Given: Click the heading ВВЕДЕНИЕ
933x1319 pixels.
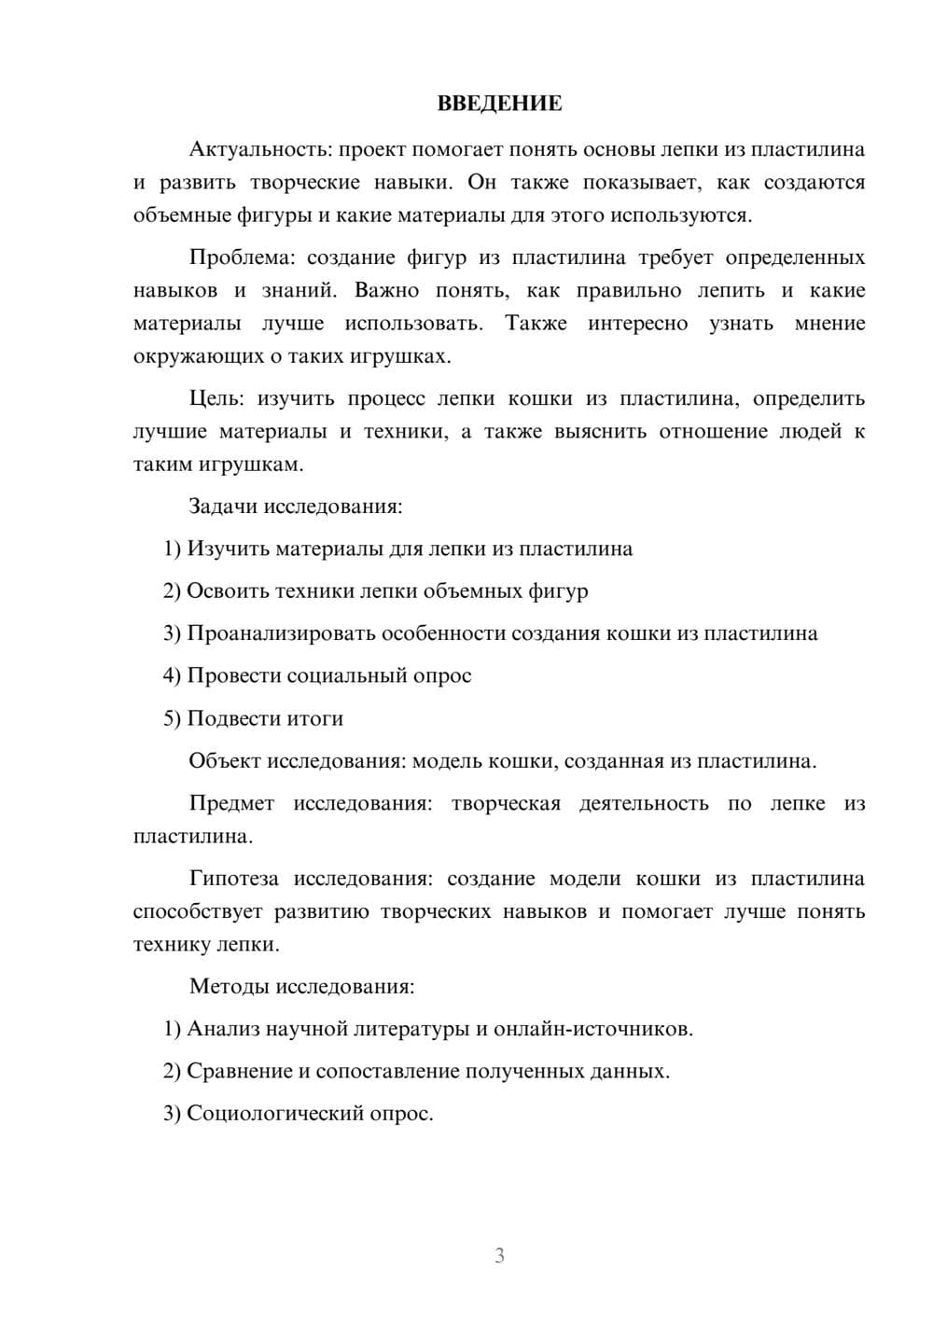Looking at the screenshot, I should click(x=499, y=104).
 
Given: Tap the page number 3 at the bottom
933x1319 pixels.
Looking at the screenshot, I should click(x=499, y=1256).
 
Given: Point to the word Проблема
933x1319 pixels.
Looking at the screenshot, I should click(x=242, y=257).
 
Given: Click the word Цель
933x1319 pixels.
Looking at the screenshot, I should click(x=216, y=398).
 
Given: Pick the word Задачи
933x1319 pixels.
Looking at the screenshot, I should click(x=223, y=507).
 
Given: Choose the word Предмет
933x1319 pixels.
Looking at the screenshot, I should click(x=231, y=803).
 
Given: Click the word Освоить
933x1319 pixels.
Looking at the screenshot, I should click(x=225, y=590).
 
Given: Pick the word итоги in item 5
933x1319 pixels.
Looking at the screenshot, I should click(x=313, y=718).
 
